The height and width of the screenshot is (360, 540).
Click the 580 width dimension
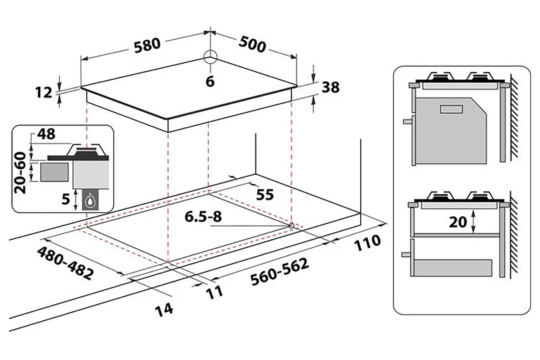(147, 45)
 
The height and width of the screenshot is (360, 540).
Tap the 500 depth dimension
(252, 45)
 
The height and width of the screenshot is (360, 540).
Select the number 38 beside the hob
(330, 87)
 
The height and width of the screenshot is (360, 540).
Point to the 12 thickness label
(44, 93)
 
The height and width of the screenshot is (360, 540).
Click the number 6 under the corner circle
(210, 81)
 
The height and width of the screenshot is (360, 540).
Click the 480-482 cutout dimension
(65, 263)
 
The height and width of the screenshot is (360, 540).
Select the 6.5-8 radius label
(203, 217)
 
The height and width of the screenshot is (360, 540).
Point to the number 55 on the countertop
(265, 194)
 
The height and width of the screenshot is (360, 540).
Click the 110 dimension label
(368, 243)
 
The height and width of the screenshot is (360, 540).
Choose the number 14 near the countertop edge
(164, 309)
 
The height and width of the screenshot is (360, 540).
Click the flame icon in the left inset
(89, 202)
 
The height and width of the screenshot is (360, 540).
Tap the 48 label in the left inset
(47, 134)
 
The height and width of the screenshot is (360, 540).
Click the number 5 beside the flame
(65, 199)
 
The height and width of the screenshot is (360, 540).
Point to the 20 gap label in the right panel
(458, 222)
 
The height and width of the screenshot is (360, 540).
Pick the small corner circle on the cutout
(291, 225)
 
